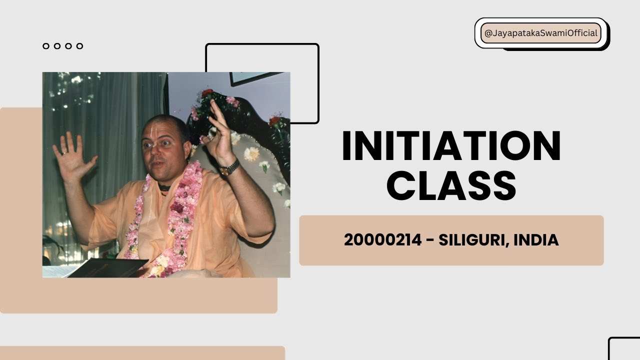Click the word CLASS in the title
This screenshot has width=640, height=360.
point(451,185)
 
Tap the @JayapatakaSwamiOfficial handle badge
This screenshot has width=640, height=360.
point(540,33)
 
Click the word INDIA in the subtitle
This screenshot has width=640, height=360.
point(536,240)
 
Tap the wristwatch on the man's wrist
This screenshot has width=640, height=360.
point(229,168)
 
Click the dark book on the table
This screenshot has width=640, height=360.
point(107,268)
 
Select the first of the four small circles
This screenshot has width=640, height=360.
point(46,46)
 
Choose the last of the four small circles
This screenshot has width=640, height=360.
point(79,46)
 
